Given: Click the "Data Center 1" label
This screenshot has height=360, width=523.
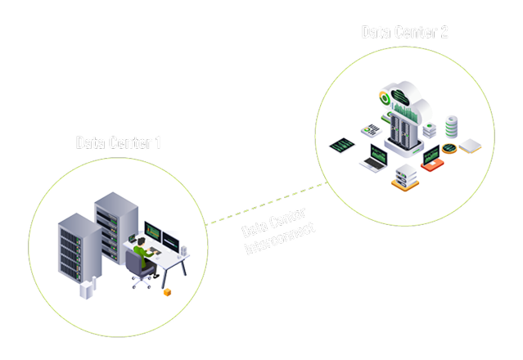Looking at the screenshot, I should coord(119,142).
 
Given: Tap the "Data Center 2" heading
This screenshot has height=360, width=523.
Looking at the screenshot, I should coord(404,32).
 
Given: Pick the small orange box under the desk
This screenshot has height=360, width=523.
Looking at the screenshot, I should coord(168,291).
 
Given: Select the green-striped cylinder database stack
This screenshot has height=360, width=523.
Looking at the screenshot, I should coord(451,127).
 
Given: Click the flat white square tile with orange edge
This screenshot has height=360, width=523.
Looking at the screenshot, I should coord(471,147).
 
